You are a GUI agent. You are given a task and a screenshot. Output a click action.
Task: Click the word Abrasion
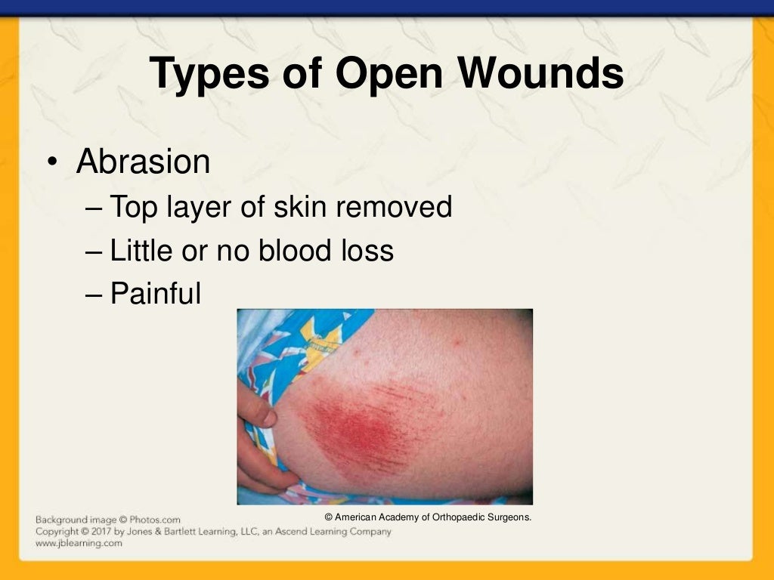143,162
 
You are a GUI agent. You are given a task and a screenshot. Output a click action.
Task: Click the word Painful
156,294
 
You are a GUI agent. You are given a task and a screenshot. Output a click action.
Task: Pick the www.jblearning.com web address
79,543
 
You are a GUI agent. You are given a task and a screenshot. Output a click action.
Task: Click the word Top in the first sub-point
132,206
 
